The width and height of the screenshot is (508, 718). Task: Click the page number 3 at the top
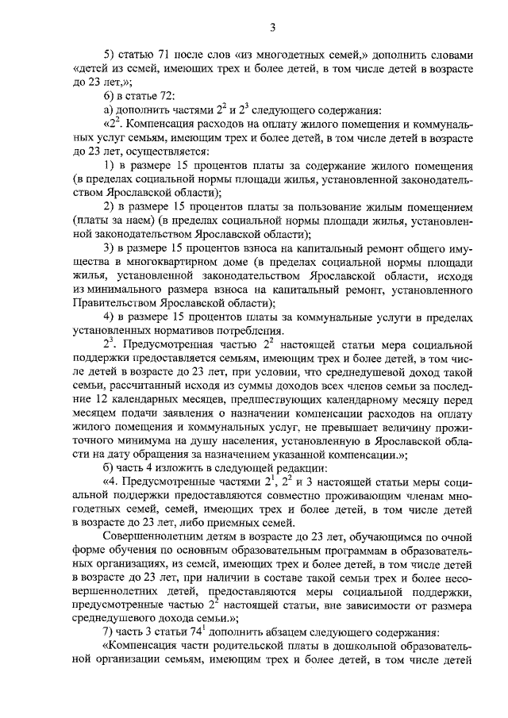[271, 29]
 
